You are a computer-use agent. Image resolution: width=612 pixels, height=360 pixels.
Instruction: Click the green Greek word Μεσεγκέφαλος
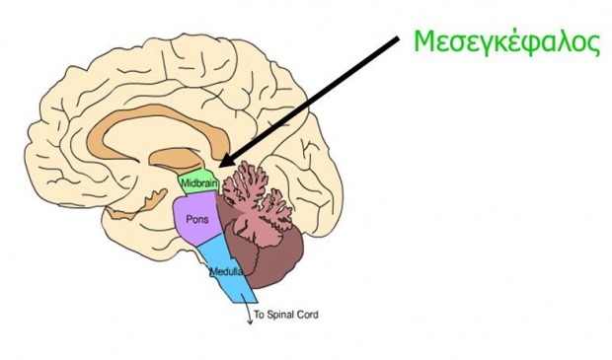coord(506,42)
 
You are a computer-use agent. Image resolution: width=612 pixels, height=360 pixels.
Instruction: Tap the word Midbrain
coord(198,182)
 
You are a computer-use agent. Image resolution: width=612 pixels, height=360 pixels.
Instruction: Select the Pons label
coord(197,219)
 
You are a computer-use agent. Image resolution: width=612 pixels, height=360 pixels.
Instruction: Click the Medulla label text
coord(226,271)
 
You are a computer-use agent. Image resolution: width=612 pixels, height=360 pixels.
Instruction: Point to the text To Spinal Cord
coord(286,315)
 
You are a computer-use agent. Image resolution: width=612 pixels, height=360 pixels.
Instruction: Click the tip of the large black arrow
coord(219,167)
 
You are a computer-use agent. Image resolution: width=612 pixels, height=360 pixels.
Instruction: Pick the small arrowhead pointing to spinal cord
coord(249,322)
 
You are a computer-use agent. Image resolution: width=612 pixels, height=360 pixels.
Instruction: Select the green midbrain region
coord(197,181)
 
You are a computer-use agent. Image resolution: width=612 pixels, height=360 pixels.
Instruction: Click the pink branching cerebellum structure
coord(254,203)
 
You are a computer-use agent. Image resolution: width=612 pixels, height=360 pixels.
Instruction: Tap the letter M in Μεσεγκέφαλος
coord(425,41)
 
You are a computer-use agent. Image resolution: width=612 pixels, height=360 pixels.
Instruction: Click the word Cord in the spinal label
coord(308,315)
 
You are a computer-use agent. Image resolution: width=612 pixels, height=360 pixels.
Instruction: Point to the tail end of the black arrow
coord(398,37)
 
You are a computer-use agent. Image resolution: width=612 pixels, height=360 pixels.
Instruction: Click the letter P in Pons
coord(189,219)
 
